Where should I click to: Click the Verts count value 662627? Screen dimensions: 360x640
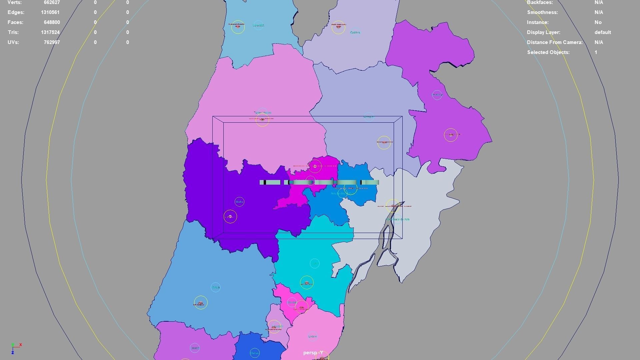(52, 3)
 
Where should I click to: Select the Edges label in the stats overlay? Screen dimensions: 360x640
(16, 12)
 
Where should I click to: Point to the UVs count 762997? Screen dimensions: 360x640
(52, 42)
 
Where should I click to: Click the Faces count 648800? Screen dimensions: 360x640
(52, 22)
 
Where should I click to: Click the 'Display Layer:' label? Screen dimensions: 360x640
(543, 32)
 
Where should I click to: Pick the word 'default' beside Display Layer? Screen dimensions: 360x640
(602, 32)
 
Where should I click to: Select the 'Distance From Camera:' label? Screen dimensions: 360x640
(555, 42)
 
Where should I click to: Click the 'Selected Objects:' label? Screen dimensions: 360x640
(548, 52)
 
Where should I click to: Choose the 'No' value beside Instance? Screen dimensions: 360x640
(598, 22)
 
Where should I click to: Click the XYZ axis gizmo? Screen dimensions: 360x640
(15, 348)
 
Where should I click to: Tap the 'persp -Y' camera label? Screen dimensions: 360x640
(313, 353)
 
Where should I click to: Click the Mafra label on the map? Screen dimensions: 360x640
(239, 202)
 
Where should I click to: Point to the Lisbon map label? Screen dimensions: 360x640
(313, 336)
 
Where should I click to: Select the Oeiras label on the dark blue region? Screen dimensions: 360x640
(254, 353)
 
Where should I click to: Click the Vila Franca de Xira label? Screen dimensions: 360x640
(399, 219)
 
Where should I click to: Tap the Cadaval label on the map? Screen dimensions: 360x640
(355, 32)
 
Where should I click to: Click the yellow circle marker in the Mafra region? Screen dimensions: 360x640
(230, 217)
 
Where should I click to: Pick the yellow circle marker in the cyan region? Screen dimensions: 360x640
(307, 283)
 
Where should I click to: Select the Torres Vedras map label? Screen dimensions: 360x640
(263, 113)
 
